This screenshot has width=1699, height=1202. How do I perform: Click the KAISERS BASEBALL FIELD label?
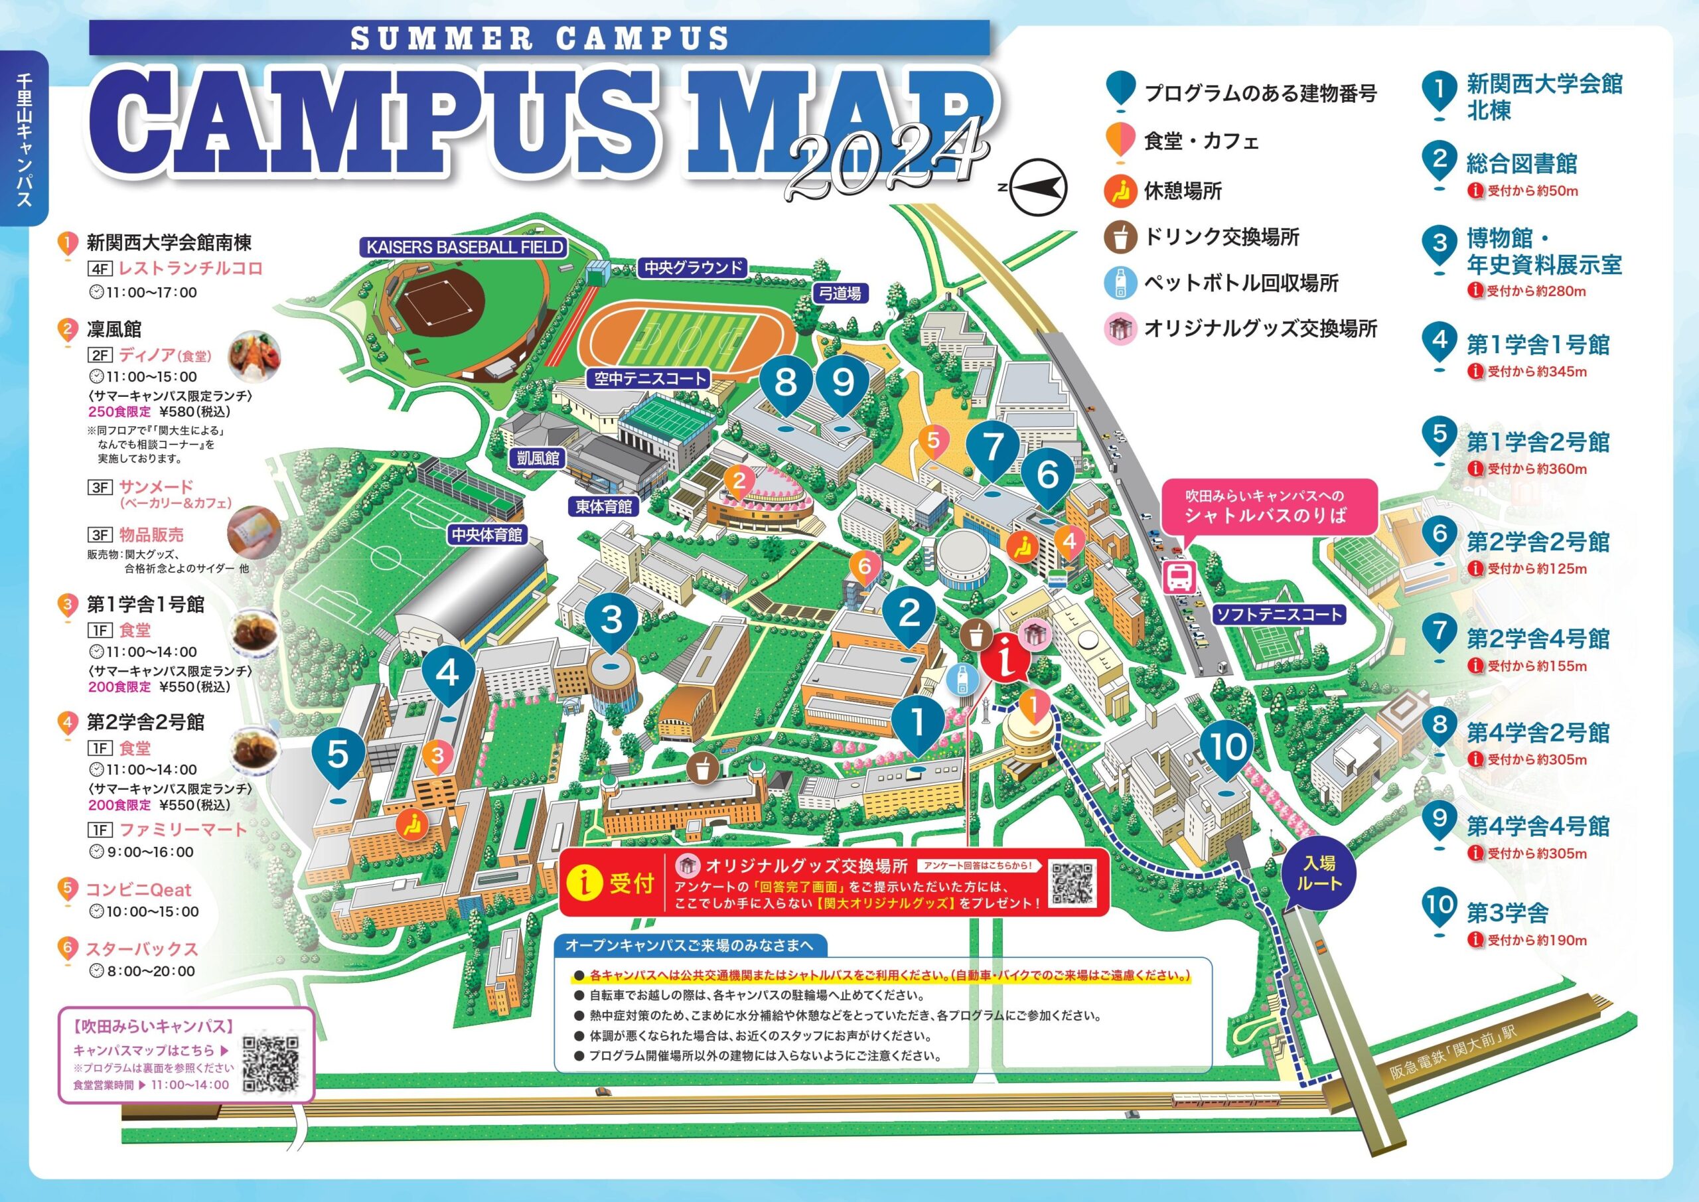[x=465, y=247]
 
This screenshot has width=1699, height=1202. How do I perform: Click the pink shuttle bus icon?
[x=1179, y=577]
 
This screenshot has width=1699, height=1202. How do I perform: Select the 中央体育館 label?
[x=487, y=534]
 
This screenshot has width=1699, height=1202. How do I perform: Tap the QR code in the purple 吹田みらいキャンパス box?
[x=271, y=1065]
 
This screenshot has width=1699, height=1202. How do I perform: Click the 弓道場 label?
[x=840, y=293]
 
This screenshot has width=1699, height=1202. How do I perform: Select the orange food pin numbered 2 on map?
[x=739, y=483]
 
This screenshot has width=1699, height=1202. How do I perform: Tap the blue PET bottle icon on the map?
[x=960, y=679]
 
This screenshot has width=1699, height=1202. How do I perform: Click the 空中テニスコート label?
[x=650, y=379]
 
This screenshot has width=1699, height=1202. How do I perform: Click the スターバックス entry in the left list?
[x=141, y=949]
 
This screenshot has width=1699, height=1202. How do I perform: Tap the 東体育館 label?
[x=605, y=506]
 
